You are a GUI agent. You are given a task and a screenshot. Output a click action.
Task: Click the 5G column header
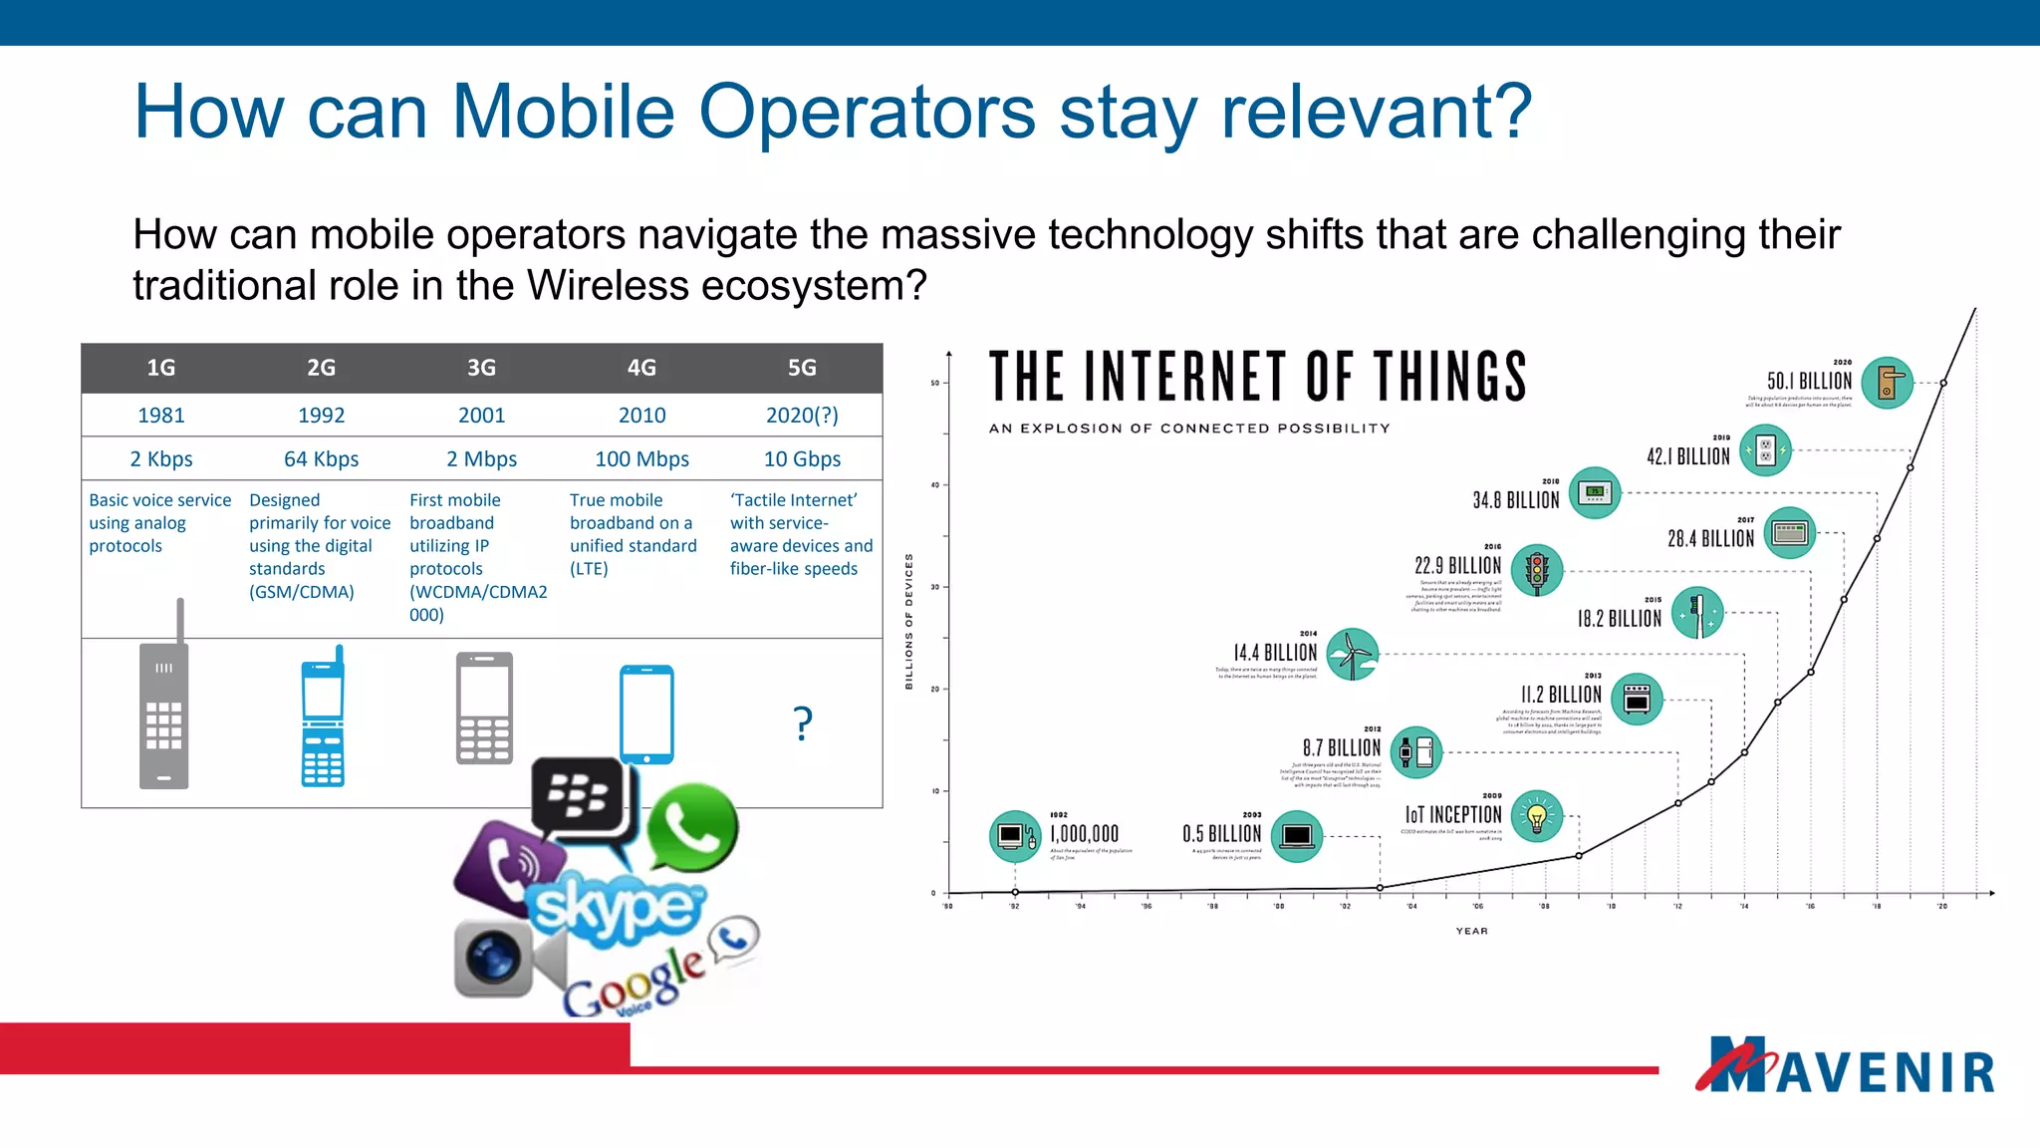[802, 368]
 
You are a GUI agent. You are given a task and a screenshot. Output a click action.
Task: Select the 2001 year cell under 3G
[481, 416]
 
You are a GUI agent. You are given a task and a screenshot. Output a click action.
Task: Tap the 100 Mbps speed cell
[641, 459]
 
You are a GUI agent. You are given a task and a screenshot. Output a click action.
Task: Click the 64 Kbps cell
[321, 459]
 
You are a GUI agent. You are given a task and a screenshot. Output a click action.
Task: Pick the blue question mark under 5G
[803, 722]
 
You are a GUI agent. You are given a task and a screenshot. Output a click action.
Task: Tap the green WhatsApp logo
[692, 827]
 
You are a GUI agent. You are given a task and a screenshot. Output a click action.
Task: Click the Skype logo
[616, 907]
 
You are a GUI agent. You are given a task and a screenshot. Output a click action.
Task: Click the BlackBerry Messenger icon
[581, 797]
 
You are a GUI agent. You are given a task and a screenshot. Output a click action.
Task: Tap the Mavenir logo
[1845, 1066]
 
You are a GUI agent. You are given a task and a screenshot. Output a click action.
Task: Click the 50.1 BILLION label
[1809, 382]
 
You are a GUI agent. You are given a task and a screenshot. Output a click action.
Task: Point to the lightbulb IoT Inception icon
[1537, 816]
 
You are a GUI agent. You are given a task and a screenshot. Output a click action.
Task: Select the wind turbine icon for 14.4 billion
[1352, 654]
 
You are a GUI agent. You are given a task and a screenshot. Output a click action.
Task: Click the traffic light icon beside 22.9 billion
[1537, 570]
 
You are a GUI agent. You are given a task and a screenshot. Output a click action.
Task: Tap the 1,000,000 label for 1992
[1084, 834]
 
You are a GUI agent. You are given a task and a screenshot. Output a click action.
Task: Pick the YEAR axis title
[1471, 931]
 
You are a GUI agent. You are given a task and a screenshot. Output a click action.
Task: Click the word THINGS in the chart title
[1450, 377]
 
